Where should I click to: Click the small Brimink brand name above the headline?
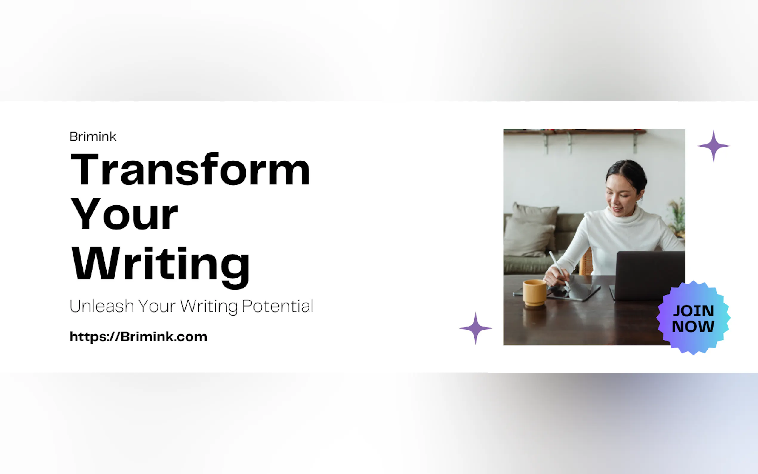[x=93, y=136]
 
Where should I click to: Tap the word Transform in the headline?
[x=190, y=169]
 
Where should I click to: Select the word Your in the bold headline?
[x=124, y=214]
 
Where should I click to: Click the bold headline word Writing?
[x=161, y=267]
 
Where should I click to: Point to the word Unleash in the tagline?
[x=102, y=306]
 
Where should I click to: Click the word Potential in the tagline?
[x=278, y=306]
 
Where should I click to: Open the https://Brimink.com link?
[x=138, y=337]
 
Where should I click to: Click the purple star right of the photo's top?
[x=714, y=146]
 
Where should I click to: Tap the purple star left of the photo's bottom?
[x=475, y=328]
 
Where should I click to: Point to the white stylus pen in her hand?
[x=559, y=269]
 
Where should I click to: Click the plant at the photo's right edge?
[x=677, y=216]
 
